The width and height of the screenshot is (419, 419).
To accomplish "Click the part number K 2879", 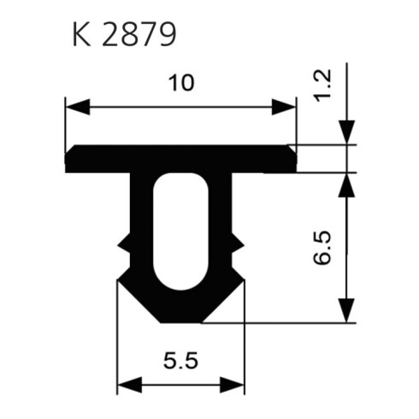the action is tap(125, 34).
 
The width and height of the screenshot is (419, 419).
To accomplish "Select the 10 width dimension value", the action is tap(181, 83).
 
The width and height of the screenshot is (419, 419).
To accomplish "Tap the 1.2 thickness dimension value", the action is tap(322, 86).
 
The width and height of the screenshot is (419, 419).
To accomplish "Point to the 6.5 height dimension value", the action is tap(322, 248).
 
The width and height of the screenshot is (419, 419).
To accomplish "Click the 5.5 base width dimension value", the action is tap(180, 361).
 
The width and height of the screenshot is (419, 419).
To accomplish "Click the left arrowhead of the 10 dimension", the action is tap(78, 107).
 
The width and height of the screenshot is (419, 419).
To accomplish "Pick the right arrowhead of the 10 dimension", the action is tap(284, 107).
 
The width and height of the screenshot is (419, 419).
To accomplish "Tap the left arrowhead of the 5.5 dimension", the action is tap(130, 385).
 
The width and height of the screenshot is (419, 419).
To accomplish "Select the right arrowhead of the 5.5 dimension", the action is tap(232, 385).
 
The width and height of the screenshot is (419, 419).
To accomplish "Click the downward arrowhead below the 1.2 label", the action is tap(346, 133).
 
